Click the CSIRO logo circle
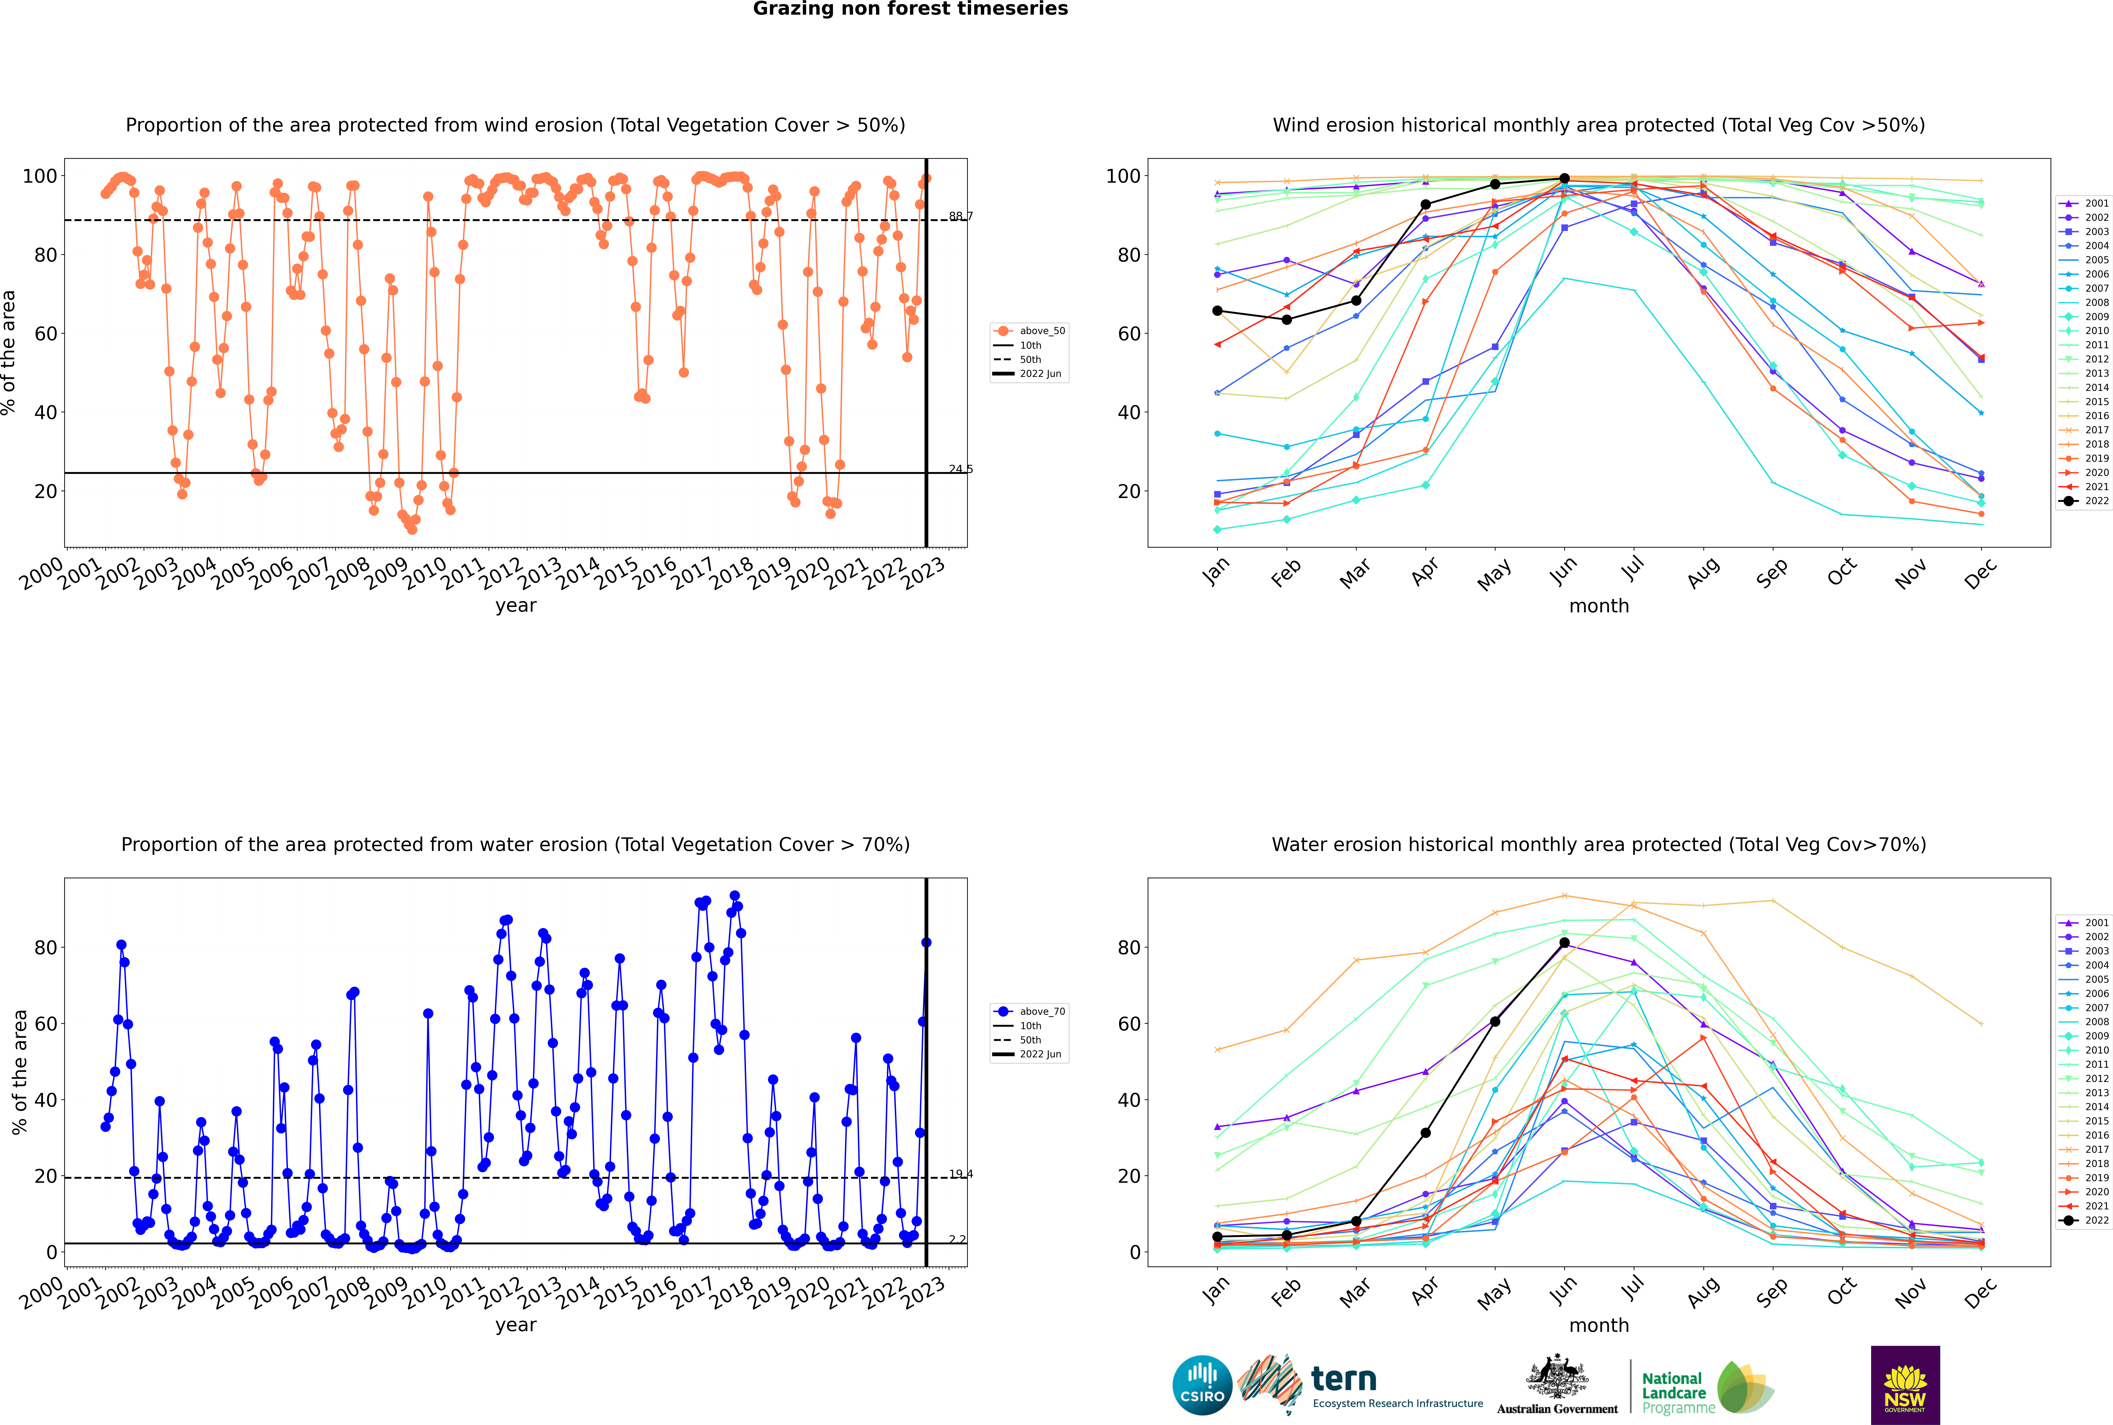click(1202, 1385)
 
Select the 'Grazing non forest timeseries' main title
click(910, 9)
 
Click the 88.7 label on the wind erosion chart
click(960, 216)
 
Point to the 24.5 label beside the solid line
click(960, 469)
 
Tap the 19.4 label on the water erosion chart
click(960, 1174)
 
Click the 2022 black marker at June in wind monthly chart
click(1564, 179)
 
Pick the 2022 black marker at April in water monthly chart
click(1425, 1133)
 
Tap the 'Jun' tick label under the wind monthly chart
click(1564, 572)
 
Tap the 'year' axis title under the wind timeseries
click(516, 606)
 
